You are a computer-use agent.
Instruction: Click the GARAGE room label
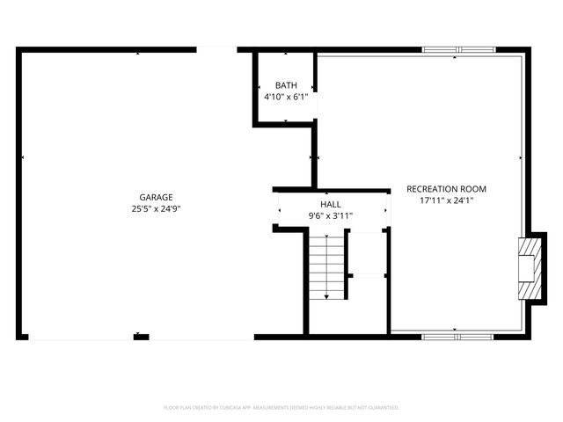tap(156, 198)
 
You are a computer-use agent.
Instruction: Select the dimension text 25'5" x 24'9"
tap(156, 209)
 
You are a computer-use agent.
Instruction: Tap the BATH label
tap(286, 85)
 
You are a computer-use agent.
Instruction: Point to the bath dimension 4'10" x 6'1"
tap(286, 97)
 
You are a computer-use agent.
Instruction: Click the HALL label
tap(331, 204)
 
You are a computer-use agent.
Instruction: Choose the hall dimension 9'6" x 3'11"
tap(331, 215)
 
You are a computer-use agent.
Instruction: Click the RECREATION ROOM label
tap(446, 189)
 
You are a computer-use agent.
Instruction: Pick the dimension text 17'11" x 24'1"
tap(446, 200)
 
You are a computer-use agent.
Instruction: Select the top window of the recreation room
tap(458, 50)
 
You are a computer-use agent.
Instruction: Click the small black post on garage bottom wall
tap(141, 336)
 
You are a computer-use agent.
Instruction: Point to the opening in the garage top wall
tap(216, 50)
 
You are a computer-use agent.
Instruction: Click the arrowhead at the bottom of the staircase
tap(326, 297)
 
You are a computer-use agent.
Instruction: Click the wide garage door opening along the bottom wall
tap(79, 337)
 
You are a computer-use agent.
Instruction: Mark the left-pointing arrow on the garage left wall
tap(23, 157)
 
